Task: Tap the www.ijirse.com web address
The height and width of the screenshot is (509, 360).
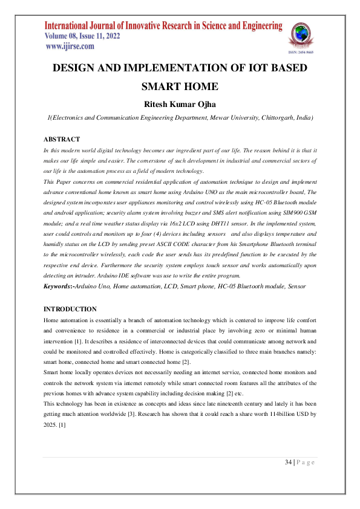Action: (70, 47)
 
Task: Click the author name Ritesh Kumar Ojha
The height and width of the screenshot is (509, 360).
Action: (180, 105)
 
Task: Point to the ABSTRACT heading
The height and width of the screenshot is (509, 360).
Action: (62, 140)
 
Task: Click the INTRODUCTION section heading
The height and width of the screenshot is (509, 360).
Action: (70, 309)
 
